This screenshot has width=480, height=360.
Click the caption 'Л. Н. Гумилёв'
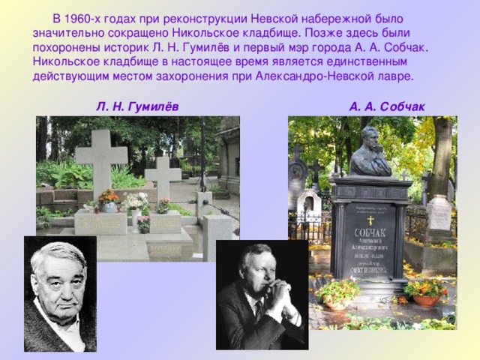(136, 107)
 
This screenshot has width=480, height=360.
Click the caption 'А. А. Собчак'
(386, 107)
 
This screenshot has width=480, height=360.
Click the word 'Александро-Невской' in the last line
(308, 76)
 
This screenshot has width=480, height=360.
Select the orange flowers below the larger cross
(109, 196)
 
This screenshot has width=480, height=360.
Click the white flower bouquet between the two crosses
(136, 201)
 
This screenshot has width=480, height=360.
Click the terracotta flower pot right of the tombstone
(425, 299)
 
